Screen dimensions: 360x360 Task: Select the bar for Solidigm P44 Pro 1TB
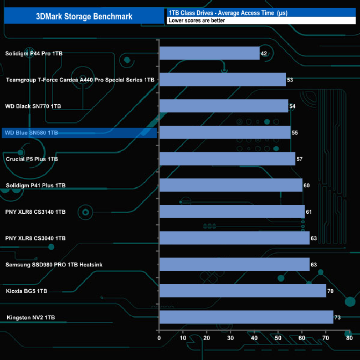(x=209, y=53)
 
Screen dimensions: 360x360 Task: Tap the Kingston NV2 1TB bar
(x=246, y=317)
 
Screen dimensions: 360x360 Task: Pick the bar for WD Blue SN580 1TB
(x=225, y=132)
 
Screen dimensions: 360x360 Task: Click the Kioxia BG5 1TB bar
(x=243, y=291)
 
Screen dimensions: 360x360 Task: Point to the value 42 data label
(x=264, y=54)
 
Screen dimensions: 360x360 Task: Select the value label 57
(x=300, y=160)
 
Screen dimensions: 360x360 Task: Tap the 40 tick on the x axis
(x=254, y=338)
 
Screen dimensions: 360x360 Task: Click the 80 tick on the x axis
(x=349, y=338)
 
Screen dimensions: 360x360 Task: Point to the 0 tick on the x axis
(x=160, y=338)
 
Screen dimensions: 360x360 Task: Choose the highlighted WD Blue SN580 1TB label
(x=31, y=133)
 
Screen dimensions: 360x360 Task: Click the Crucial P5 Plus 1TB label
(x=32, y=160)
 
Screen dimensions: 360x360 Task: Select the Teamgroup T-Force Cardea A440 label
(x=80, y=80)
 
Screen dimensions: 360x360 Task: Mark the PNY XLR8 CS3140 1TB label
(x=35, y=212)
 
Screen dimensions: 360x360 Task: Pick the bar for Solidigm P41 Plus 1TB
(x=231, y=186)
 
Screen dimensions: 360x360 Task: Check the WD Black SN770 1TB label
(x=33, y=106)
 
